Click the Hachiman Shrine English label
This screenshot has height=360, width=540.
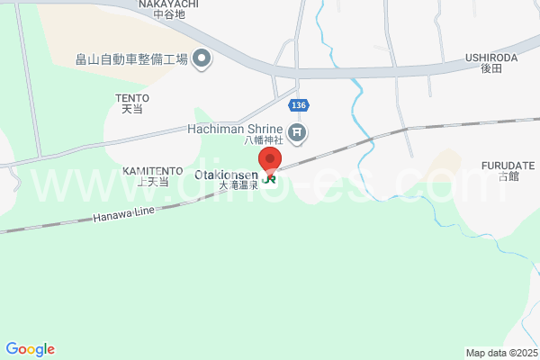235,129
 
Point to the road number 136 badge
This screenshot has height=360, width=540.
300,105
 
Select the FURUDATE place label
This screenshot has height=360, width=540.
508,166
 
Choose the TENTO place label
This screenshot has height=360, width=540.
132,97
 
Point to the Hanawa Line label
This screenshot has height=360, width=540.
124,211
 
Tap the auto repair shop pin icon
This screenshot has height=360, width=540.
202,59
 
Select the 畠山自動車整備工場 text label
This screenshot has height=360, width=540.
131,59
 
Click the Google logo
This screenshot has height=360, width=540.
30,349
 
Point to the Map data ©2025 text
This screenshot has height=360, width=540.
500,353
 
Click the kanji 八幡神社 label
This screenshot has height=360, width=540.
264,140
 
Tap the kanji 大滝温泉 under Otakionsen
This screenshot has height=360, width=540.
238,184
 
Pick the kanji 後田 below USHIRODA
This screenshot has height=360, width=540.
491,68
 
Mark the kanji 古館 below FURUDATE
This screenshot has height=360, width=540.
508,176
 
